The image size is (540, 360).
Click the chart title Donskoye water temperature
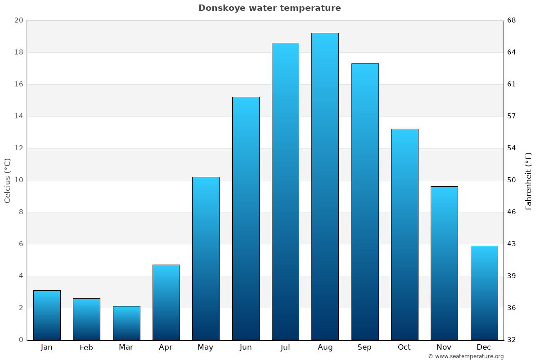(270, 8)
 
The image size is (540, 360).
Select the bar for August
(325, 186)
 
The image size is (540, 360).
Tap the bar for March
(126, 323)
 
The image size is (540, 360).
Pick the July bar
(285, 191)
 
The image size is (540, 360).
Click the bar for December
(484, 292)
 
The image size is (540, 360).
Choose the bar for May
(206, 258)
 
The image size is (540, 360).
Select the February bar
(86, 319)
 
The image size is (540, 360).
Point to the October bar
(405, 234)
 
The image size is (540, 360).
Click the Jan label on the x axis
(47, 347)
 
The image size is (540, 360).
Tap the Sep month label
(364, 347)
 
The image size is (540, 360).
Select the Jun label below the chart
(246, 347)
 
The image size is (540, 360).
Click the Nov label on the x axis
(444, 347)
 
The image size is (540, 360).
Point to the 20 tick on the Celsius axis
(18, 20)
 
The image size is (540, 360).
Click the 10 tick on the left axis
(18, 180)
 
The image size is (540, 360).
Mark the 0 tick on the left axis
(21, 340)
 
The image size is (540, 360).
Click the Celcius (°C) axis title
(8, 180)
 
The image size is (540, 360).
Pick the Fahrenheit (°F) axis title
(529, 180)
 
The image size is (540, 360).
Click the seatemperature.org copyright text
(466, 356)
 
